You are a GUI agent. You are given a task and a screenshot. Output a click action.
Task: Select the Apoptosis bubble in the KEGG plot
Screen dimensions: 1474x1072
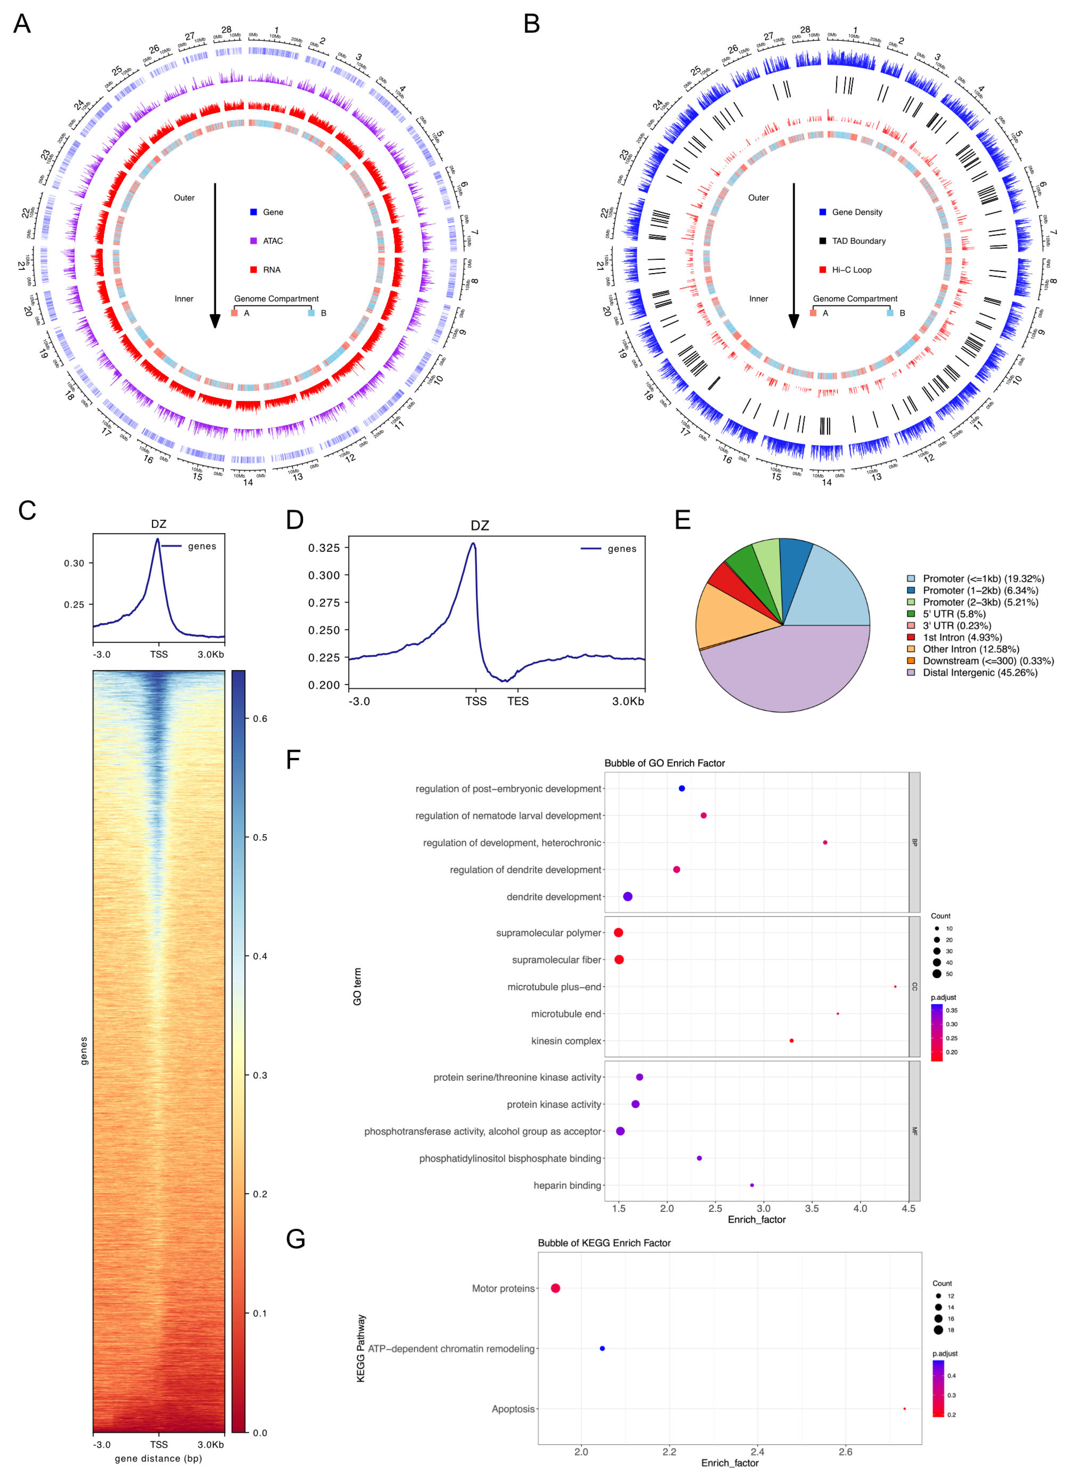click(904, 1408)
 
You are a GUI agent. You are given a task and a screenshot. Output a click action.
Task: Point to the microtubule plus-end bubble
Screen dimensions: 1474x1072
click(895, 986)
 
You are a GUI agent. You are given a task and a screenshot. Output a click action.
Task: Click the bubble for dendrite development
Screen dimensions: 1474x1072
click(627, 896)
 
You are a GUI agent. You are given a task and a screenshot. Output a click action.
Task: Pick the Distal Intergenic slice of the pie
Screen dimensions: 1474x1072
click(780, 676)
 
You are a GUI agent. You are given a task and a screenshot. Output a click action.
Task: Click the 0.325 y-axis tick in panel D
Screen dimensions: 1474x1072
click(324, 548)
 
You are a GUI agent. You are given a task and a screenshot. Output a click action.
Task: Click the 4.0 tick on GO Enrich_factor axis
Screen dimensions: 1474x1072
click(860, 1208)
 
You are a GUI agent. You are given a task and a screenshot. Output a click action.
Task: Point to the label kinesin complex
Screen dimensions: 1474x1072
click(566, 1040)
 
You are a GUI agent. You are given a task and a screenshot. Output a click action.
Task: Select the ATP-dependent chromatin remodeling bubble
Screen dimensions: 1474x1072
click(602, 1348)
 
